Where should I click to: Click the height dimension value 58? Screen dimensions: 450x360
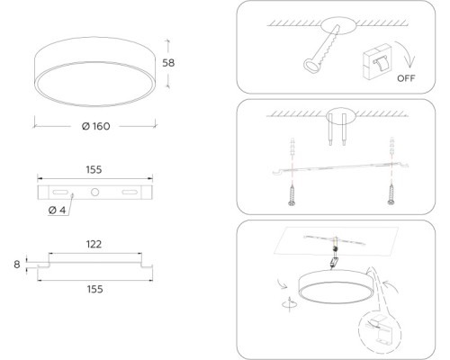click(168, 63)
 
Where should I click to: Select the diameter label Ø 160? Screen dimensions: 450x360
click(96, 126)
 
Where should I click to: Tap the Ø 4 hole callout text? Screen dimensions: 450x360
click(57, 210)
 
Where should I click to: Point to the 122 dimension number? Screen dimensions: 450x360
click(94, 244)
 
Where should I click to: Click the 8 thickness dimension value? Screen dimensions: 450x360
click(17, 265)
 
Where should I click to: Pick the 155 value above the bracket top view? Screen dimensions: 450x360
click(94, 170)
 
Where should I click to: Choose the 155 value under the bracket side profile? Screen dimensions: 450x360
click(94, 290)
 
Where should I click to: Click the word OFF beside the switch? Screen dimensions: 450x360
click(406, 78)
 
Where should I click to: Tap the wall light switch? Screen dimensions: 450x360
click(377, 61)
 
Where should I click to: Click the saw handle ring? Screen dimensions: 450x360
click(311, 65)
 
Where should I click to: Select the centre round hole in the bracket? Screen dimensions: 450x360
click(94, 192)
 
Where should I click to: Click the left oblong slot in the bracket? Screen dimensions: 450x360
click(60, 192)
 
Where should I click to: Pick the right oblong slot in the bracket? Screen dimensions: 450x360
click(130, 192)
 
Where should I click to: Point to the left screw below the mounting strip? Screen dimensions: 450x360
click(292, 195)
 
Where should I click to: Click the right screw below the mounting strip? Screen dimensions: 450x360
click(391, 194)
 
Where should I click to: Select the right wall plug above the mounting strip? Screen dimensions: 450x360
click(391, 145)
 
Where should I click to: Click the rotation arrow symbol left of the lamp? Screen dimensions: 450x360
click(289, 304)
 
